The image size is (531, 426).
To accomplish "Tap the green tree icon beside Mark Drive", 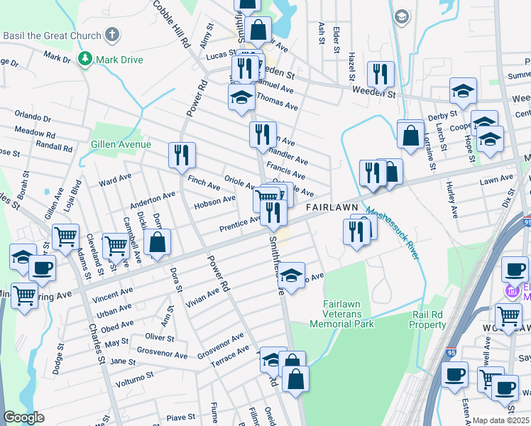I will coord(85,59).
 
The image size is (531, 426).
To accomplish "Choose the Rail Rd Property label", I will coord(427,319).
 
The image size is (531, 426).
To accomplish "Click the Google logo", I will coord(24,417).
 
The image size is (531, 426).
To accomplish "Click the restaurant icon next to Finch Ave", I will coord(182,155).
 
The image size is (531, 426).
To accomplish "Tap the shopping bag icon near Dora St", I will coord(157,241).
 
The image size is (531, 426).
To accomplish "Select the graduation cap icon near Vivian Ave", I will coord(290,275).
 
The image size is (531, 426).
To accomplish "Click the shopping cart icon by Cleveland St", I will coord(65,236).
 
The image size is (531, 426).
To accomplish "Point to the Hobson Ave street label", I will coord(214,202).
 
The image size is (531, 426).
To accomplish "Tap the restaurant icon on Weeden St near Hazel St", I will coord(381,74).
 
